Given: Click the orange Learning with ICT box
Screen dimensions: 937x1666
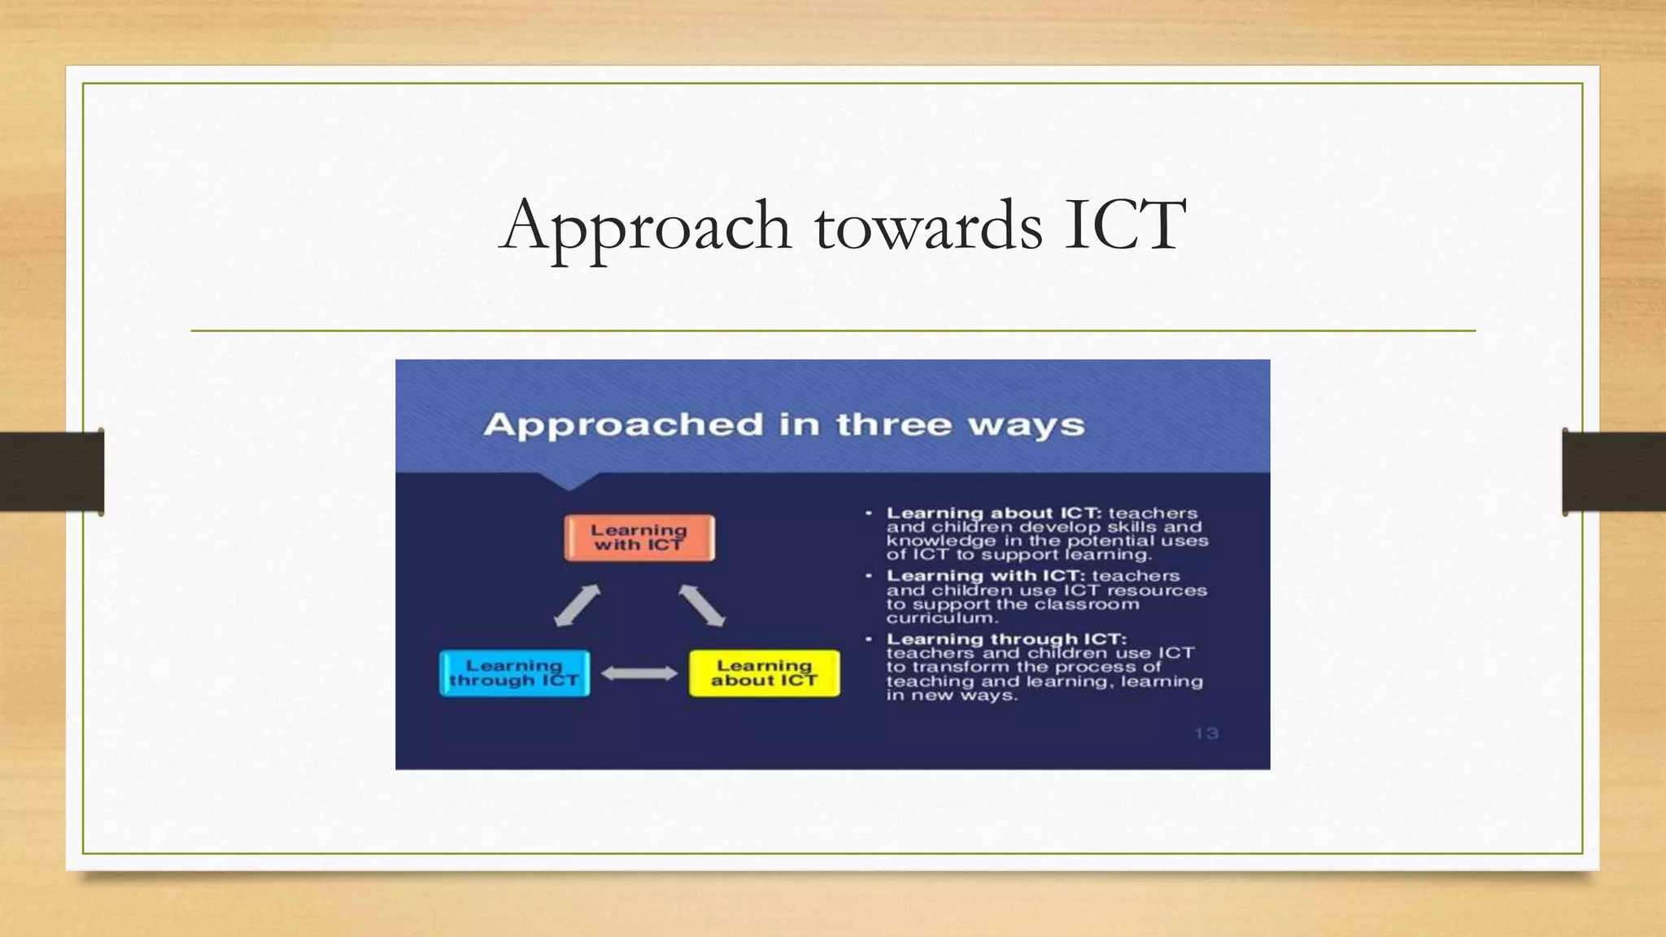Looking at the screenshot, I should [639, 538].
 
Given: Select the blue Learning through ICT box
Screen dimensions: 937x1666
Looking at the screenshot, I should [514, 673].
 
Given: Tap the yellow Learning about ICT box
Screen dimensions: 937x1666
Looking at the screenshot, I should [764, 673].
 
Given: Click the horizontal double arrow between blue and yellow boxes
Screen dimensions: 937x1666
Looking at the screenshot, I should [639, 673].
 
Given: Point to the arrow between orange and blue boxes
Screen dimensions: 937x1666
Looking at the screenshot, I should [577, 606].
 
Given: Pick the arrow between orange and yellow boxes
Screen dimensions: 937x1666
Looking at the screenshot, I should [702, 606].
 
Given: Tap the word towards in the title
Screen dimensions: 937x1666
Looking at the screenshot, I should [928, 226].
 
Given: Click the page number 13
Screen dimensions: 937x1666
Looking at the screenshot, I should [1206, 734].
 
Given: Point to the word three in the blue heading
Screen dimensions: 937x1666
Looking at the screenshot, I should [894, 425].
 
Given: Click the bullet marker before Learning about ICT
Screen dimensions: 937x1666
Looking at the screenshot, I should [869, 513].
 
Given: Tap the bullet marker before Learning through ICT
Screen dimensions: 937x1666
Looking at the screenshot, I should [869, 639].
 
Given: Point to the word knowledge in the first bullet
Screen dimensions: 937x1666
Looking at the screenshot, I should [940, 541].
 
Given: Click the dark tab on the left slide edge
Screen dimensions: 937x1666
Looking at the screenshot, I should [51, 472].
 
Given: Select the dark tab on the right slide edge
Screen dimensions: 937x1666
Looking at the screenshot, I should [1613, 472].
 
